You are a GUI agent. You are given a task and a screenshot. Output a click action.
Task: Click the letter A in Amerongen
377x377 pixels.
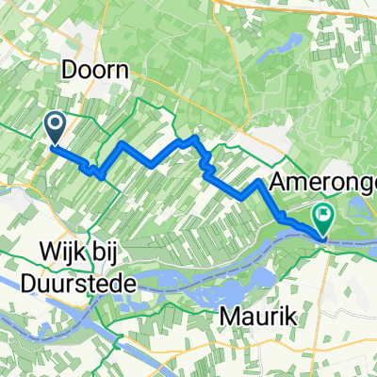280,183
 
